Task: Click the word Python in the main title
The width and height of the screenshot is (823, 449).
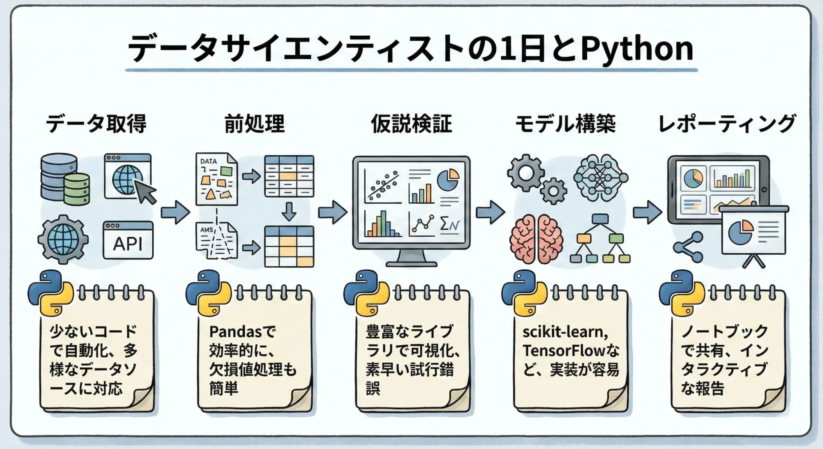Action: [637, 48]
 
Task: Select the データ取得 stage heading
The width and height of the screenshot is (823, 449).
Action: [96, 124]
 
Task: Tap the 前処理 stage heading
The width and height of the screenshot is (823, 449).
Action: [254, 124]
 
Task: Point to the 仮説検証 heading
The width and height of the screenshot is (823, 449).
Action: [411, 124]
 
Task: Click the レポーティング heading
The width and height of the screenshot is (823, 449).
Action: [727, 124]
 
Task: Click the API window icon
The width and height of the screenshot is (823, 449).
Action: [128, 240]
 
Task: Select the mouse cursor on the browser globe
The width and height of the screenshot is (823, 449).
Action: [145, 191]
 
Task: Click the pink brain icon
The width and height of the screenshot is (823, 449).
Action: [536, 239]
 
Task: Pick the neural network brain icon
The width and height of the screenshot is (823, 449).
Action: [601, 177]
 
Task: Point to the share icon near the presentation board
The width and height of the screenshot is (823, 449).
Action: [688, 247]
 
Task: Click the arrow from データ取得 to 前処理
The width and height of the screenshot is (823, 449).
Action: [175, 211]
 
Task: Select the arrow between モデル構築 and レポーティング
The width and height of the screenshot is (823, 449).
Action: [647, 212]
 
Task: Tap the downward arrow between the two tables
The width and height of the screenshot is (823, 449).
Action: [289, 211]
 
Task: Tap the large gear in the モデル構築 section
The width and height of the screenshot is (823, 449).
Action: [526, 173]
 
